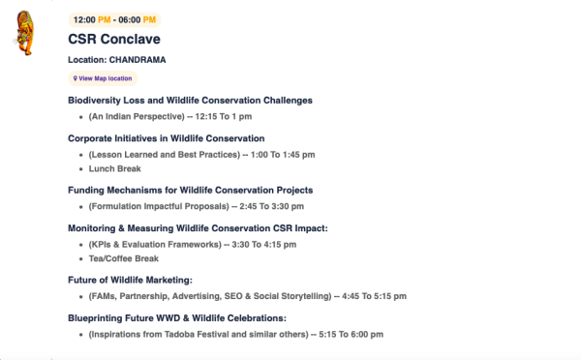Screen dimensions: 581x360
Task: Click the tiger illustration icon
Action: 24,33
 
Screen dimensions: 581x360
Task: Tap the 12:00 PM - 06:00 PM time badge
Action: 114,20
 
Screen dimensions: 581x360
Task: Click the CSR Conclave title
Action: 114,39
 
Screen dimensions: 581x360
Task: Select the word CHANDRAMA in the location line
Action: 138,60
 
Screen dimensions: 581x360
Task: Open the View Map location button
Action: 103,78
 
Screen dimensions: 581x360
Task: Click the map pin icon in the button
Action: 76,78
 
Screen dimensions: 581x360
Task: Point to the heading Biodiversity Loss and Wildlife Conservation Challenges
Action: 190,101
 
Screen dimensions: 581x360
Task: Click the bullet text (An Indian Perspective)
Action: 137,117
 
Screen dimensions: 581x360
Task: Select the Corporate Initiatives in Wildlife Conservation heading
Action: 167,138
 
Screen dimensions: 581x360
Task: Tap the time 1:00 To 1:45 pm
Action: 283,155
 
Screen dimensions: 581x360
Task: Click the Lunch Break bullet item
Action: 115,169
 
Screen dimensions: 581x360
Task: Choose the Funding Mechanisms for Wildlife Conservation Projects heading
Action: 191,191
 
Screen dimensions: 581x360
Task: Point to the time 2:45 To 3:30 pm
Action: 271,206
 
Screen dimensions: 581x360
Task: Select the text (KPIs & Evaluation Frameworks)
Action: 155,245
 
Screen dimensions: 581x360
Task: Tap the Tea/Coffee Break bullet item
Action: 124,258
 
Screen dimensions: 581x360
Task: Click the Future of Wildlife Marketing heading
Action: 130,280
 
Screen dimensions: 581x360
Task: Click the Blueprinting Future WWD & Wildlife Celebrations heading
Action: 177,318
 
